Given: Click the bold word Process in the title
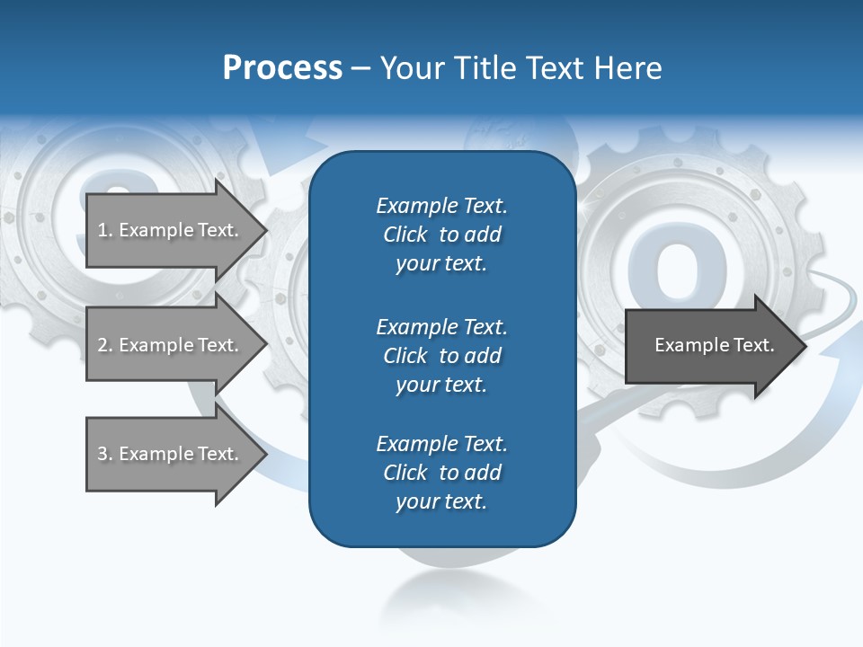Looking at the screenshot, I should (x=282, y=68).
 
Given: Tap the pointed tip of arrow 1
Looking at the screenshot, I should (x=265, y=230).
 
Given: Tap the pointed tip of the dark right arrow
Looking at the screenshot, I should (x=805, y=345).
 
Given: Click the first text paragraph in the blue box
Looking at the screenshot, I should (x=441, y=235).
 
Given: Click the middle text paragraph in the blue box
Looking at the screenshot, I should (x=441, y=355).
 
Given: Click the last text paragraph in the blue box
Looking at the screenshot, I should (x=441, y=473).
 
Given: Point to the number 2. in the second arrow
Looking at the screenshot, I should (x=105, y=345).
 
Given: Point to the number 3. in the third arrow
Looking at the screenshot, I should (x=105, y=454).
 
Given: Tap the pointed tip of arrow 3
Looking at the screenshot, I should (x=265, y=454).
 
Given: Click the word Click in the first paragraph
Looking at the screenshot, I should (x=405, y=235).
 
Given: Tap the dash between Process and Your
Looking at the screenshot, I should (x=360, y=69).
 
